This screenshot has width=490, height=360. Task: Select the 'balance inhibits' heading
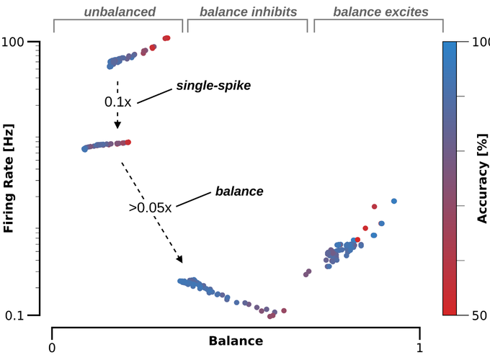248,12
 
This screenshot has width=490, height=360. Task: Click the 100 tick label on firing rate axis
23,42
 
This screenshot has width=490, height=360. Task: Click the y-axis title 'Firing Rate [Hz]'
9,178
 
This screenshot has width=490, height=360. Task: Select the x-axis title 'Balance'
236,341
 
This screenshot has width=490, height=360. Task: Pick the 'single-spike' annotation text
213,86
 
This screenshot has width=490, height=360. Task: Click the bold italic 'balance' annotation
239,192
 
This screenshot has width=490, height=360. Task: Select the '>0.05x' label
150,207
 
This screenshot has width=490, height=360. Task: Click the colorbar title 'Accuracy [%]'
482,178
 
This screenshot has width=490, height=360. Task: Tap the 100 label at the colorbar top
479,42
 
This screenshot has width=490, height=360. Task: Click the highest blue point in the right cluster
394,201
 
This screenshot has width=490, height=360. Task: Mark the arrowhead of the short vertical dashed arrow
117,125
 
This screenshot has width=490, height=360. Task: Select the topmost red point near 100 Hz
167,37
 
